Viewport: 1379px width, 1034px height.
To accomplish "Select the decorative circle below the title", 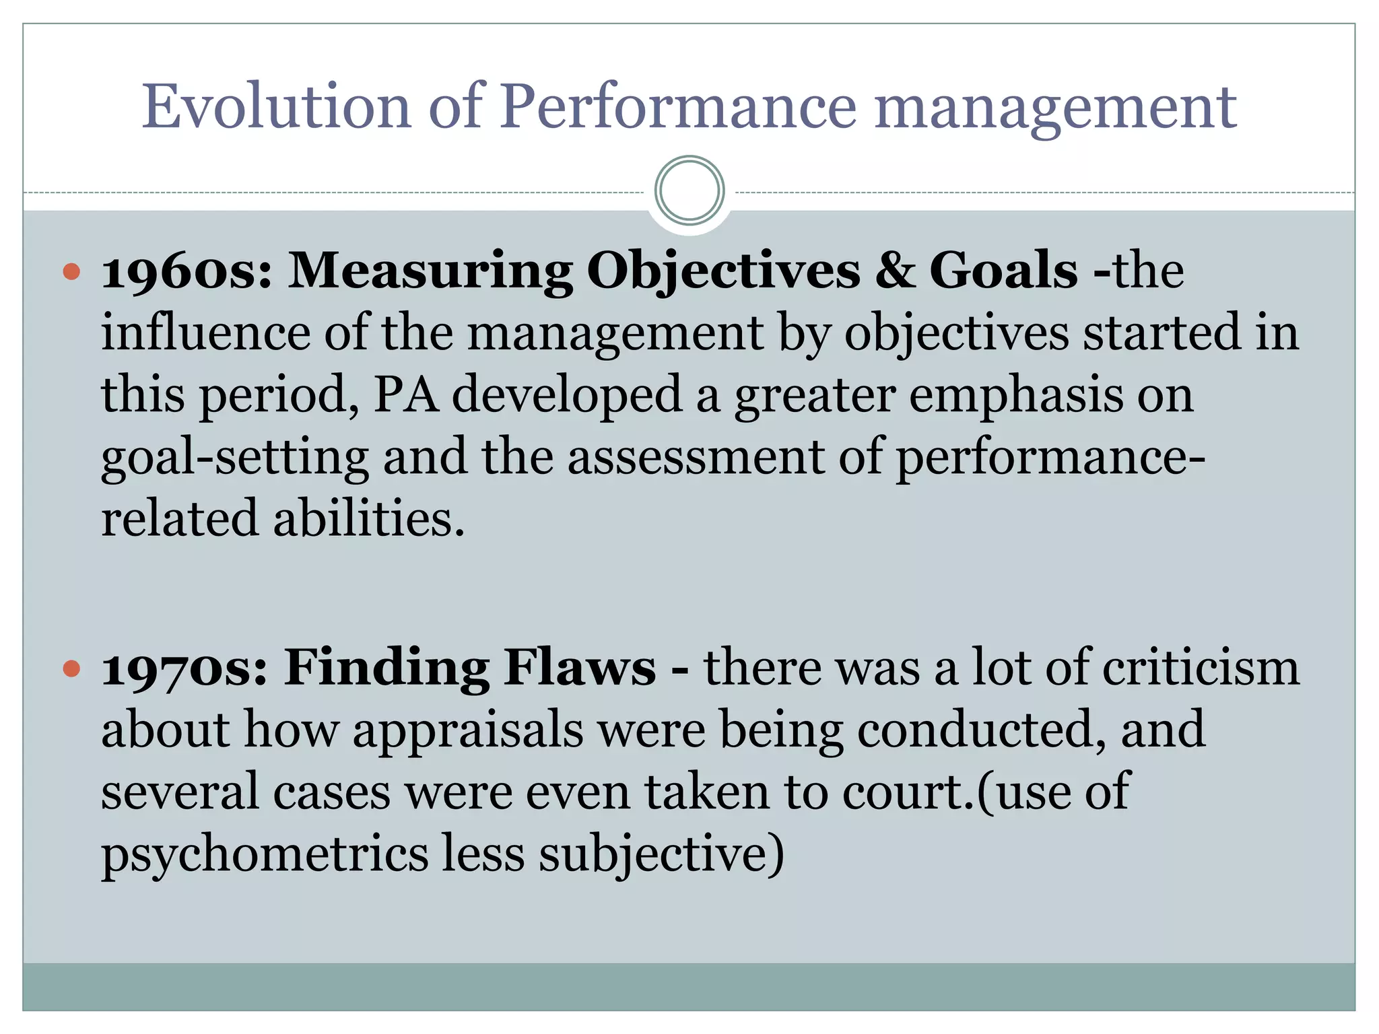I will coord(689,191).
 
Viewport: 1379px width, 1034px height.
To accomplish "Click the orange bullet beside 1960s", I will coord(71,272).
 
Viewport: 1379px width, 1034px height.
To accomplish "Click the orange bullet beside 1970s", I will coord(71,669).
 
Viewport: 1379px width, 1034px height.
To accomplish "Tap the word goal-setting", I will coord(235,458).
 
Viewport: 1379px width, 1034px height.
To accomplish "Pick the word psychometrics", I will coord(265,855).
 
